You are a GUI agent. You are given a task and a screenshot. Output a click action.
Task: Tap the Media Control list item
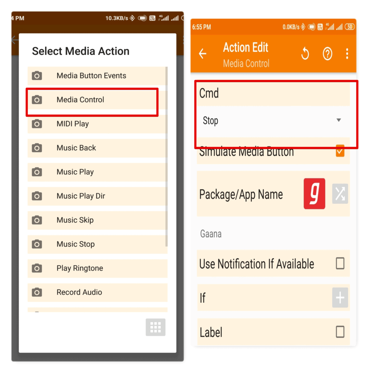point(81,100)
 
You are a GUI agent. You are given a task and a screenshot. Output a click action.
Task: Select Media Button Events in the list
point(91,76)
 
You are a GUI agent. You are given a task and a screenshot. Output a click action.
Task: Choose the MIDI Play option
point(73,124)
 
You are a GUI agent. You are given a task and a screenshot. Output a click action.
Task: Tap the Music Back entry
point(76,148)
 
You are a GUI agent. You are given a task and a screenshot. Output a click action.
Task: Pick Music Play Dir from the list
point(81,196)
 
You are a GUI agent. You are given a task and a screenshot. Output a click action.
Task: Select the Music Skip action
point(75,220)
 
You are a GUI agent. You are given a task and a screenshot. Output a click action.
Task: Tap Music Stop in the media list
point(76,244)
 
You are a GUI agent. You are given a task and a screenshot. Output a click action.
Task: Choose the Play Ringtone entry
point(80,268)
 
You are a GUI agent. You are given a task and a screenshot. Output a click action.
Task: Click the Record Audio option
point(79,292)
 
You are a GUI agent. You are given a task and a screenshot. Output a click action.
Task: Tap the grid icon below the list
point(156,327)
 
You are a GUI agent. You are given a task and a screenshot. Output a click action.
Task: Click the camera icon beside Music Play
point(37,172)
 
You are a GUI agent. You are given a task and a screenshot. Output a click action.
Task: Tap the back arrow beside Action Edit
point(203,54)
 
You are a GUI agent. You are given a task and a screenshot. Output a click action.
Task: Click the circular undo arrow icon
point(305,54)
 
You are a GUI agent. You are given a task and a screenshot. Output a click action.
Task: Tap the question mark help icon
point(327,54)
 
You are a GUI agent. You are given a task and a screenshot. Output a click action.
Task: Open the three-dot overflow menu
point(347,54)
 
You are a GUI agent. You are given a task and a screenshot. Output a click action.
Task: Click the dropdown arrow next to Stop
point(339,120)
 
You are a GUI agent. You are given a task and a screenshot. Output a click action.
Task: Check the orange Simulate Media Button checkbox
point(340,151)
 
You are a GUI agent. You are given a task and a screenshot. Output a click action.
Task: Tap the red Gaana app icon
point(314,194)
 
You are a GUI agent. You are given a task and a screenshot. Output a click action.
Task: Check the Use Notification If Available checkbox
point(340,263)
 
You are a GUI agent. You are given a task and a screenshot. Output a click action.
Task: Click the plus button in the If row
point(340,298)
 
